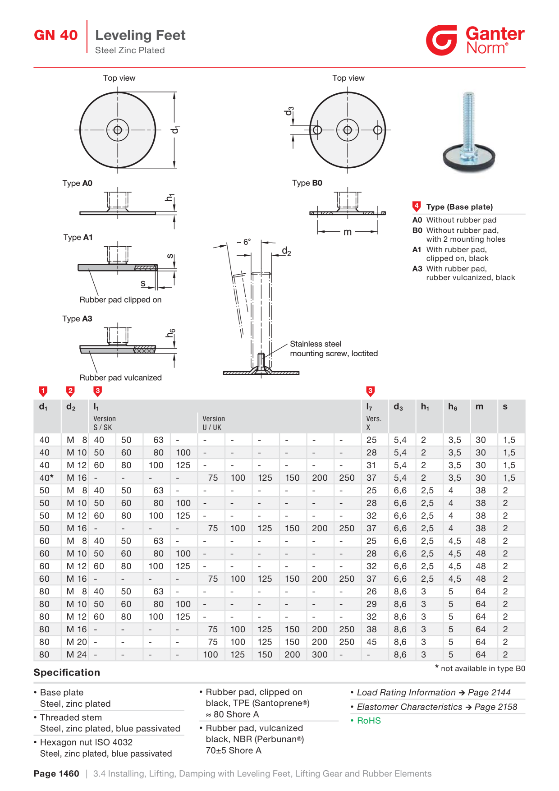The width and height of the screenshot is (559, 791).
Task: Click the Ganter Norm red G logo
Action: pyautogui.click(x=441, y=40)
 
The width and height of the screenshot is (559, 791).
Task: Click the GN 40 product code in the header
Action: pyautogui.click(x=56, y=35)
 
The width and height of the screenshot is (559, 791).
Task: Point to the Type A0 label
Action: pyautogui.click(x=78, y=183)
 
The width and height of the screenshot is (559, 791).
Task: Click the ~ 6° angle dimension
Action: pyautogui.click(x=244, y=242)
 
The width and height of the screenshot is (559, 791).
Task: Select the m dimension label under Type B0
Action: pyautogui.click(x=348, y=232)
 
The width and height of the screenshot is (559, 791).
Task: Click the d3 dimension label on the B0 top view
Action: pyautogui.click(x=289, y=111)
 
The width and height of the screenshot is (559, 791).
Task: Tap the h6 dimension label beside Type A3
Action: pyautogui.click(x=170, y=333)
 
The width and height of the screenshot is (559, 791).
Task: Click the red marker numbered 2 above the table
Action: pyautogui.click(x=70, y=391)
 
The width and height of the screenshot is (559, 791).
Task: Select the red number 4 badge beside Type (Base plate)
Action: pyautogui.click(x=417, y=207)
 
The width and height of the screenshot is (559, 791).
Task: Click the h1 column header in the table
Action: pyautogui.click(x=425, y=407)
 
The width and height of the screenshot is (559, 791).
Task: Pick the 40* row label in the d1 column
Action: pyautogui.click(x=46, y=478)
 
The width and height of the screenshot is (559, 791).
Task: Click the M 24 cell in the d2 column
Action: pyautogui.click(x=77, y=654)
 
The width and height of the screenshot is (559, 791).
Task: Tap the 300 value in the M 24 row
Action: pyautogui.click(x=320, y=654)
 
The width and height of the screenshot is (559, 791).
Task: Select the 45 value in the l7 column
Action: pyautogui.click(x=371, y=642)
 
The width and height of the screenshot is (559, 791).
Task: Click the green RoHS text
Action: pyautogui.click(x=369, y=721)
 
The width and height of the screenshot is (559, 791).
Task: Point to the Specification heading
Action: pyautogui.click(x=67, y=672)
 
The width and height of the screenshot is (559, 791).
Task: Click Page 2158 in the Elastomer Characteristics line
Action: pyautogui.click(x=496, y=707)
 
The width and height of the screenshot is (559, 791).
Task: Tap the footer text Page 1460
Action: pyautogui.click(x=56, y=774)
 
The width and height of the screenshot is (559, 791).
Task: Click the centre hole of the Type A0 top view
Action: pyautogui.click(x=118, y=130)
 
